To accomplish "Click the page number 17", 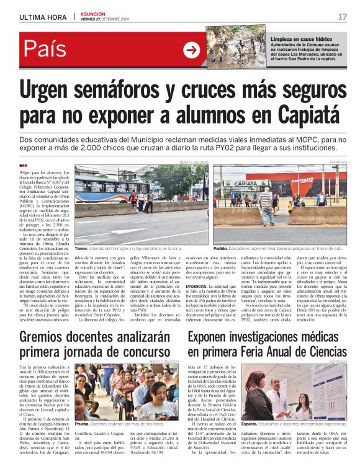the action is [343, 16].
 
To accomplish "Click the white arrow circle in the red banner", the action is [191, 50].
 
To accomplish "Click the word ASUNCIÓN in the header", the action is [93, 13].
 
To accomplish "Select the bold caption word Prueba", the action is [83, 424].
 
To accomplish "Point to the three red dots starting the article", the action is [23, 165].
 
